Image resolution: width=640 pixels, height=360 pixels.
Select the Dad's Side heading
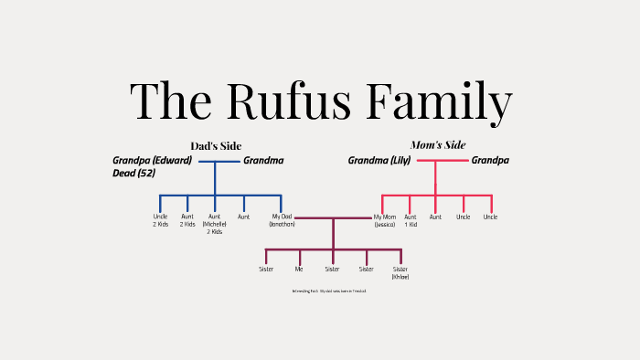(216, 146)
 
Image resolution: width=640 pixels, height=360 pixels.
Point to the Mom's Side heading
(437, 145)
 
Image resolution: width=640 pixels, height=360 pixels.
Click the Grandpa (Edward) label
(152, 161)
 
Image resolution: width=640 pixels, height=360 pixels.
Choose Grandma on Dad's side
(263, 161)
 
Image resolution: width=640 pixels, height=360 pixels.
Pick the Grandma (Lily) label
(379, 161)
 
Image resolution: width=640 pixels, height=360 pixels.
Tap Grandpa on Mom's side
(490, 161)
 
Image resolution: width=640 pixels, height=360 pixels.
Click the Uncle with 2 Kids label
(160, 221)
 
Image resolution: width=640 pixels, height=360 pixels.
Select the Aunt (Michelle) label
(215, 225)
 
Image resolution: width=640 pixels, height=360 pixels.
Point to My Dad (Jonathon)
(281, 220)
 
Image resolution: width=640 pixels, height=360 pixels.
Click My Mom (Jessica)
(385, 220)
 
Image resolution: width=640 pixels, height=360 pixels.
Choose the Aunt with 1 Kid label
(411, 220)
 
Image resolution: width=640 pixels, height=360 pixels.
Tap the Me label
(299, 270)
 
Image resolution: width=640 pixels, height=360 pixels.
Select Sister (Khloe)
(400, 272)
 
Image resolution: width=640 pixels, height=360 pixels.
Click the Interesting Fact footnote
(329, 291)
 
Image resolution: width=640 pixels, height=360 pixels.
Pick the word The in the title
(168, 101)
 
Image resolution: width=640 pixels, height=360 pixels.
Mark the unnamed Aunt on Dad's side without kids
(243, 217)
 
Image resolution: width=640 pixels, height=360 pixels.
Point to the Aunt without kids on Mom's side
(435, 217)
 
